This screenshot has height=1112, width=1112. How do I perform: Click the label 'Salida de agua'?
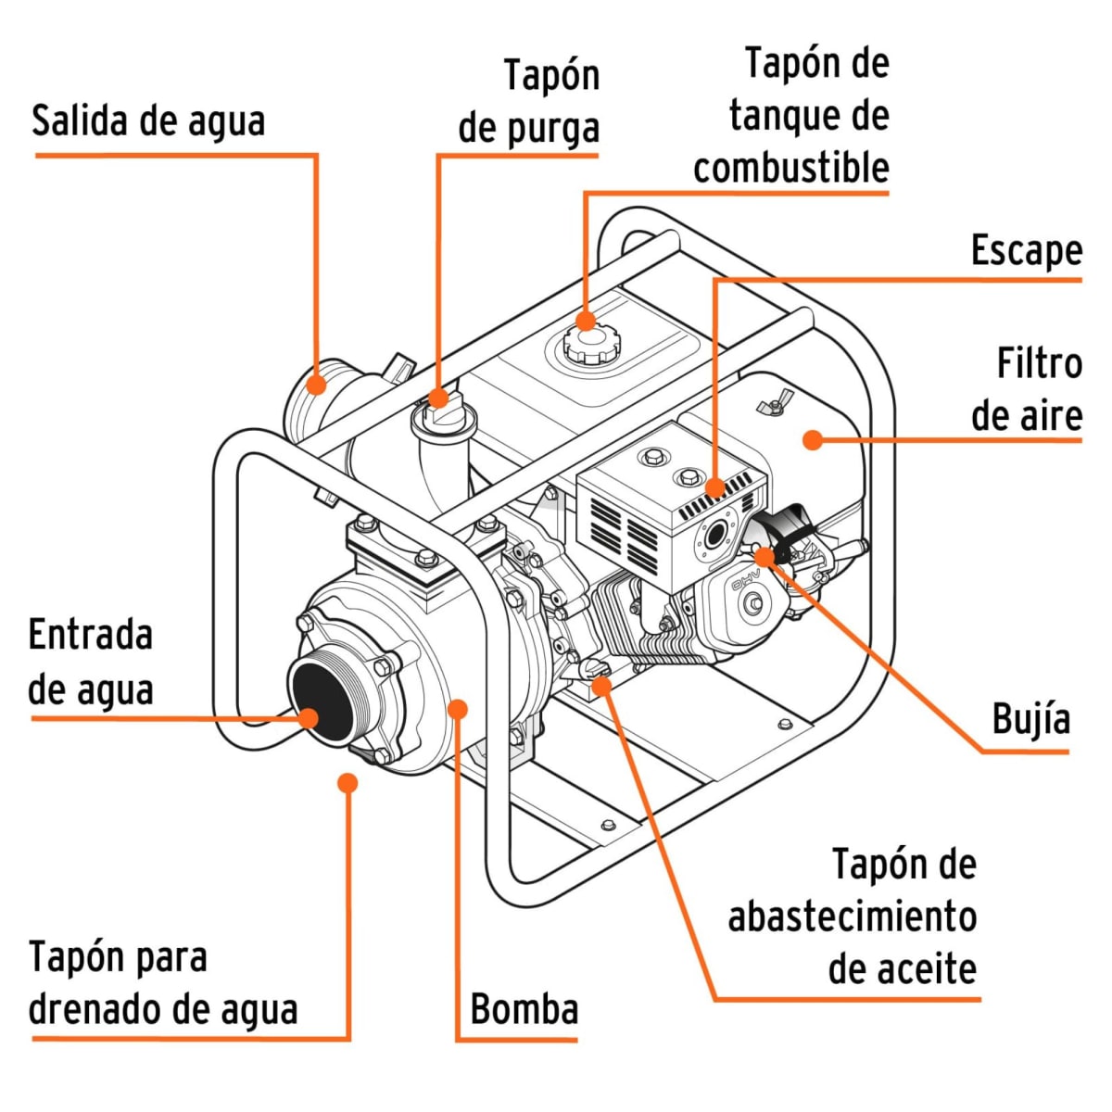pyautogui.click(x=148, y=121)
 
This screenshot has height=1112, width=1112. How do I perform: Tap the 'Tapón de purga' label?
pyautogui.click(x=529, y=101)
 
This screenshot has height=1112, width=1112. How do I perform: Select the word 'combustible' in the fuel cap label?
pyautogui.click(x=790, y=168)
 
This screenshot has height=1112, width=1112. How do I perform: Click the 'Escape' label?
pyautogui.click(x=1026, y=250)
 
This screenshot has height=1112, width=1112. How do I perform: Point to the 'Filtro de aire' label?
pyautogui.click(x=1027, y=389)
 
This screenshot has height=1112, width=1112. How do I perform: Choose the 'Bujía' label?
pyautogui.click(x=1030, y=718)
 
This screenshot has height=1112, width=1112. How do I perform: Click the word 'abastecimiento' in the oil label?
pyautogui.click(x=852, y=916)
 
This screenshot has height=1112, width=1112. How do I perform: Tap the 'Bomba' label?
pyautogui.click(x=524, y=1009)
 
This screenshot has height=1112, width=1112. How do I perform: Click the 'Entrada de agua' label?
pyautogui.click(x=91, y=663)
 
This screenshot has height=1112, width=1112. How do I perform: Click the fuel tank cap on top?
pyautogui.click(x=586, y=345)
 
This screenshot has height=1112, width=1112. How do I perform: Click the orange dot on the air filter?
pyautogui.click(x=813, y=439)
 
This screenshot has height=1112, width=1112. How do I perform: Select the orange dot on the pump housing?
pyautogui.click(x=457, y=709)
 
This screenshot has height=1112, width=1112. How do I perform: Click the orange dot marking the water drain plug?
pyautogui.click(x=347, y=783)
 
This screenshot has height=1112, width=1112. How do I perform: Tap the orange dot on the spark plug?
pyautogui.click(x=764, y=556)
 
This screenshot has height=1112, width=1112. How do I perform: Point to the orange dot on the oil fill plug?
pyautogui.click(x=601, y=685)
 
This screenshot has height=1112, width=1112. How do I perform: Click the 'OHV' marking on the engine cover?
pyautogui.click(x=746, y=584)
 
